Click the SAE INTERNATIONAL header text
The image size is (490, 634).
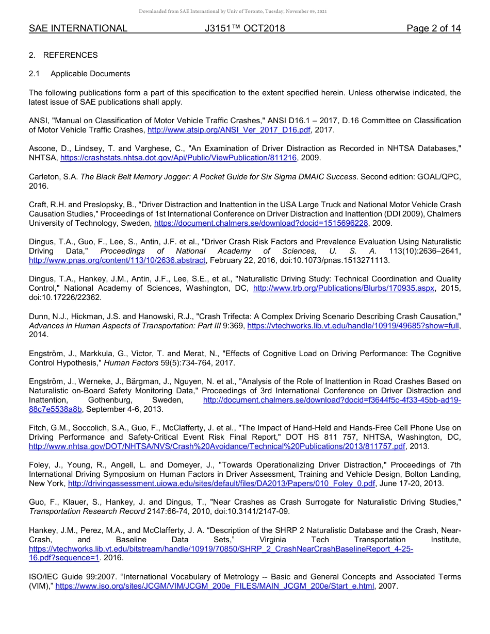click(x=78, y=28)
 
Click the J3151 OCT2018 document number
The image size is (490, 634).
click(x=245, y=28)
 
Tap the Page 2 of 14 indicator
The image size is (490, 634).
click(x=433, y=28)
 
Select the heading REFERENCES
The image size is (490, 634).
click(x=70, y=55)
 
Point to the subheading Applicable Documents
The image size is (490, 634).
click(x=90, y=74)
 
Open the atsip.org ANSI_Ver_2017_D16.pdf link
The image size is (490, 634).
click(x=229, y=130)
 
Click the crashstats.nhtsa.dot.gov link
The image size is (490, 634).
click(x=178, y=158)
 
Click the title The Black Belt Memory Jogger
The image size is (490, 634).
click(x=219, y=176)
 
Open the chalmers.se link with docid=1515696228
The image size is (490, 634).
click(x=261, y=223)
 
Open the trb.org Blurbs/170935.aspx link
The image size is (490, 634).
click(x=344, y=288)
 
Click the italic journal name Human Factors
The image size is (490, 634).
click(x=129, y=363)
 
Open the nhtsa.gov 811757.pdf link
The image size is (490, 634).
click(x=217, y=446)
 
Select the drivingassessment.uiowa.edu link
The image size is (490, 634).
click(x=222, y=483)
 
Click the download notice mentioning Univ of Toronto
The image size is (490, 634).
click(x=233, y=11)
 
